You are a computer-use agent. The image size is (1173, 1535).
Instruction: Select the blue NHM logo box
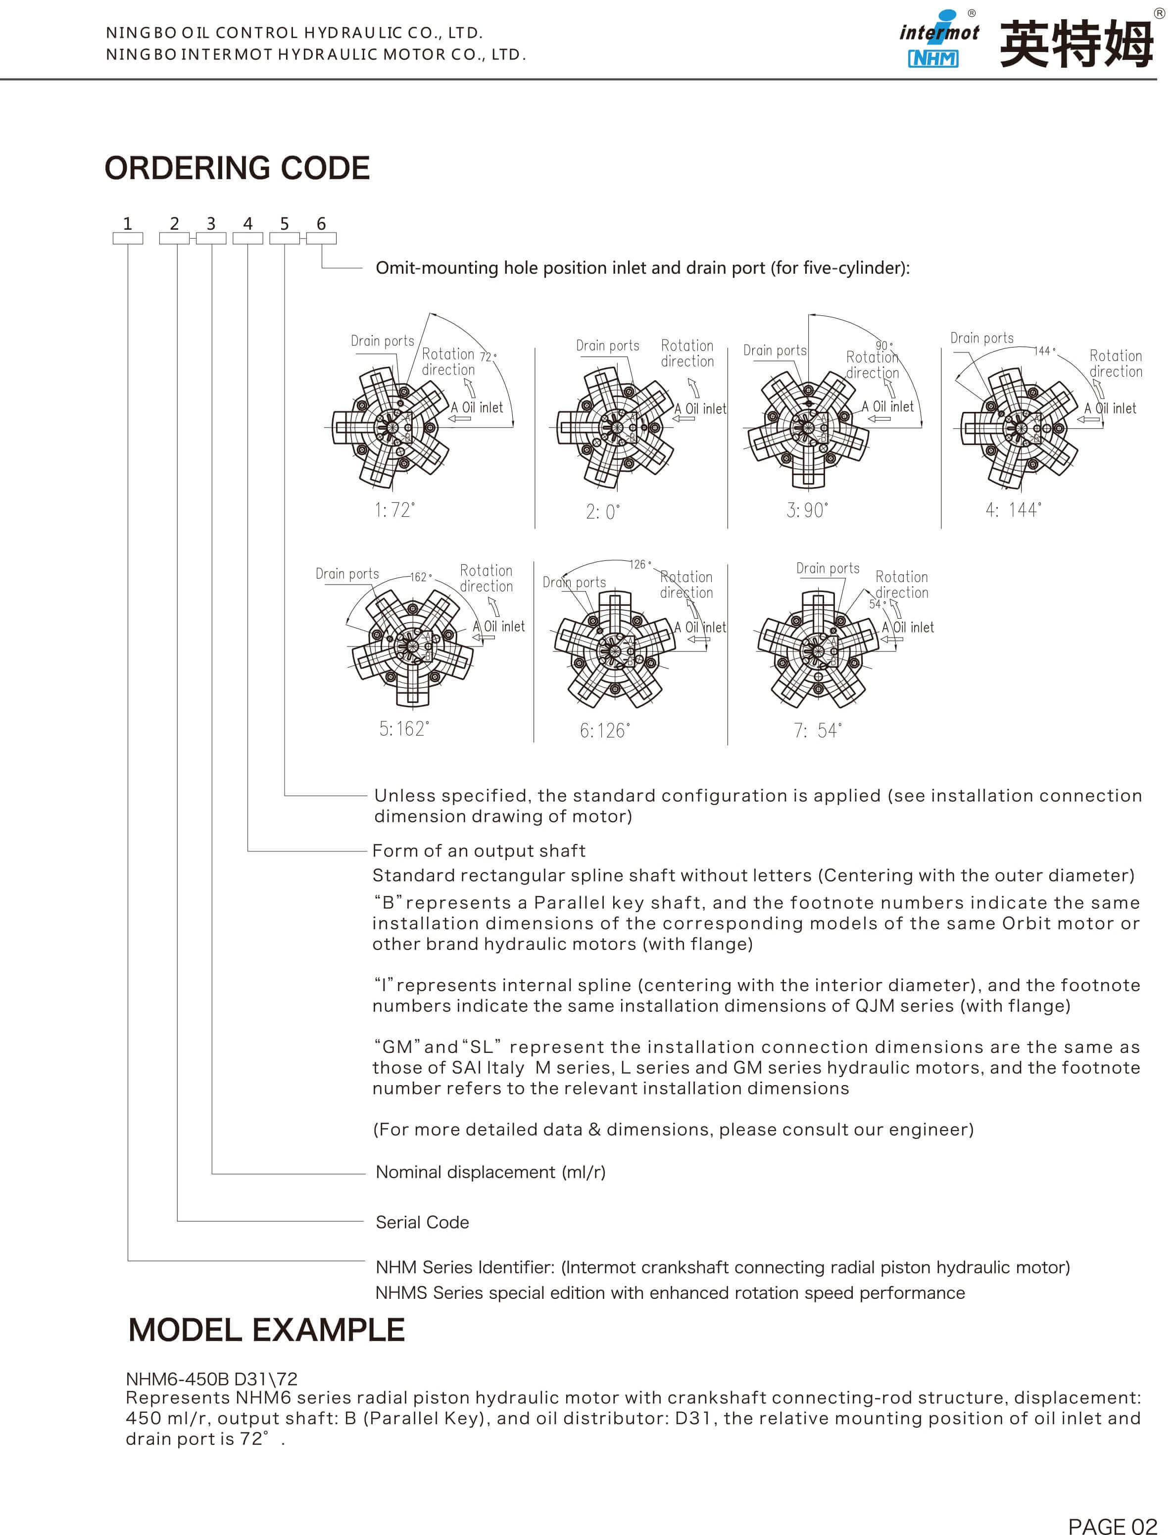(933, 59)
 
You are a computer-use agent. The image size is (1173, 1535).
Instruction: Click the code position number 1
(127, 223)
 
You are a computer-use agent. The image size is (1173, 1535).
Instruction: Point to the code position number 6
(321, 223)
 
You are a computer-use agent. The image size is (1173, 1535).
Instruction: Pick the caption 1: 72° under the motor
(394, 510)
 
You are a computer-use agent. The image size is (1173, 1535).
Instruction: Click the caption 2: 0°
(602, 512)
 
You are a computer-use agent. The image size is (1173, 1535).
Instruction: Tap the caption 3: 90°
(807, 510)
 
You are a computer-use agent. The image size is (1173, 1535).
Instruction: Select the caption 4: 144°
(1013, 510)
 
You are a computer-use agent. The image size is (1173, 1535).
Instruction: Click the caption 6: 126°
(605, 731)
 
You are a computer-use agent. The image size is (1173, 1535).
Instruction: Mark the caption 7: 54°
(818, 731)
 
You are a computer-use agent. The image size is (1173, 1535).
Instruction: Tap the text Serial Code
(422, 1222)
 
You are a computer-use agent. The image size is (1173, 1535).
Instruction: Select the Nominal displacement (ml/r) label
(490, 1172)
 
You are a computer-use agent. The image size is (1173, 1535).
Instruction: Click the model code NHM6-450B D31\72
(211, 1379)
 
